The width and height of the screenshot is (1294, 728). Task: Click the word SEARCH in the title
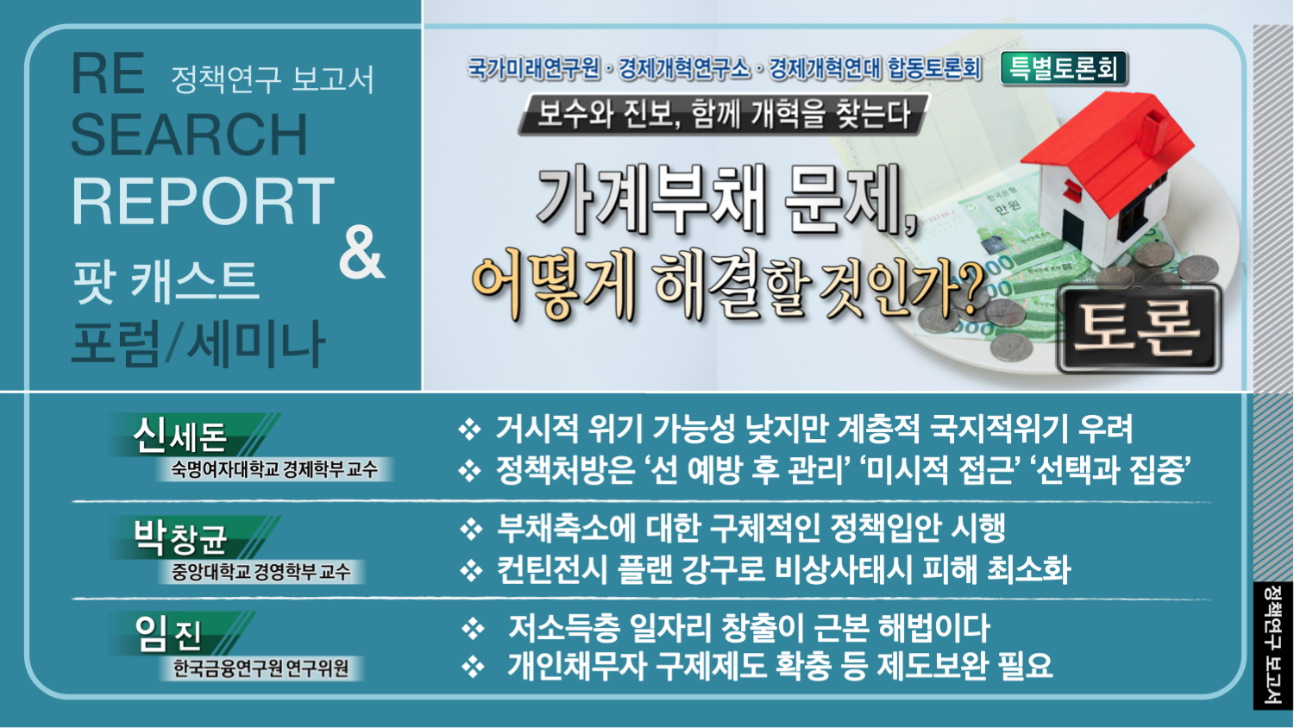(189, 134)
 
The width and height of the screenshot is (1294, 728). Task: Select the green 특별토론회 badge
(1064, 69)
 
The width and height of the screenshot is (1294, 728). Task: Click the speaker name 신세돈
(179, 436)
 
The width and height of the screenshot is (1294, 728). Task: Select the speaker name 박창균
(179, 537)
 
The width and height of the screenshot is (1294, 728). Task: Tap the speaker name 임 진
(167, 633)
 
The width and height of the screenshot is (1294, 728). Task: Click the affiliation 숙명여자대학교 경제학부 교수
(273, 468)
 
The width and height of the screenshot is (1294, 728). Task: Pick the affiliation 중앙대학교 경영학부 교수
(261, 571)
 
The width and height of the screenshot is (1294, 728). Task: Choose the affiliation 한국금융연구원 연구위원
(261, 668)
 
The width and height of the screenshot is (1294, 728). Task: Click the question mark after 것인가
(968, 289)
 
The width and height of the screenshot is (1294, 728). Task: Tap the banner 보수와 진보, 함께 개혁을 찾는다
(724, 114)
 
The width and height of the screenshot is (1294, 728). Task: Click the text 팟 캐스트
(165, 282)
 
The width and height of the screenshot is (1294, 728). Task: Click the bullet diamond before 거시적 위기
(469, 430)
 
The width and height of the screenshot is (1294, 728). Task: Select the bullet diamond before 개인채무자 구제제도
(473, 666)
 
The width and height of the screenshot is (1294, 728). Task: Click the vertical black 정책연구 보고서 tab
(1272, 645)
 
